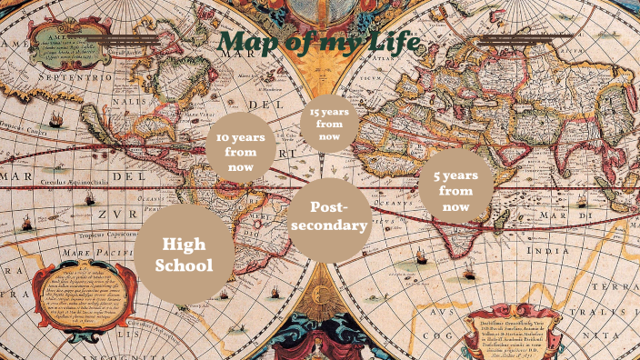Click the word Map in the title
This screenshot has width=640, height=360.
click(x=248, y=43)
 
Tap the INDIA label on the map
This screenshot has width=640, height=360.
click(x=551, y=249)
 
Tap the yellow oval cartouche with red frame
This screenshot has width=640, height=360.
click(x=77, y=295)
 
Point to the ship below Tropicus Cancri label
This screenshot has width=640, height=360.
click(x=55, y=119)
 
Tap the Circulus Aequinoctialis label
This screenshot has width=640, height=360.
click(x=73, y=183)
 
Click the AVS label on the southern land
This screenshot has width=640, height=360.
click(x=437, y=310)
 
